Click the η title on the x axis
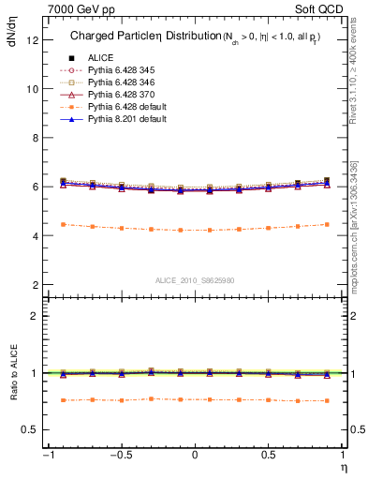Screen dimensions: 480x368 point(343,466)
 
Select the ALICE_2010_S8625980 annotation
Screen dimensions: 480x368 point(194,280)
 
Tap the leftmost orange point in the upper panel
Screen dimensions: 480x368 point(62,224)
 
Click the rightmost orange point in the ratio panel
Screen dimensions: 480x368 point(327,400)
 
